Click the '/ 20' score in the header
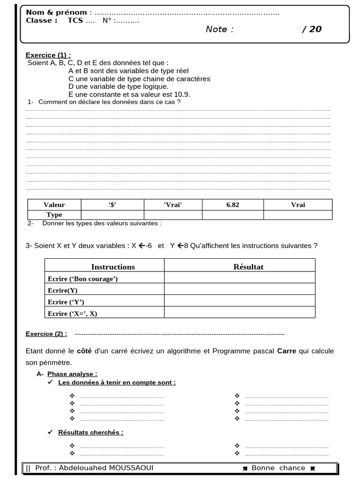[x=312, y=29]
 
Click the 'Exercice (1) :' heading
[x=48, y=55]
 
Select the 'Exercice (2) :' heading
[x=46, y=334]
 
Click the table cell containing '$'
[x=112, y=205]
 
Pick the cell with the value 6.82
[x=232, y=205]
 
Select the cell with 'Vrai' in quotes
[x=172, y=205]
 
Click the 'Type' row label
[x=54, y=215]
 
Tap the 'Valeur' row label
[x=54, y=205]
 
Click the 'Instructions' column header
[x=112, y=267]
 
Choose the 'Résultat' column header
[x=248, y=267]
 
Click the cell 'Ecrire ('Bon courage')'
[x=82, y=279]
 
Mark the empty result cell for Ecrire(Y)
[x=240, y=290]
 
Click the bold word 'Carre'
[x=286, y=351]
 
